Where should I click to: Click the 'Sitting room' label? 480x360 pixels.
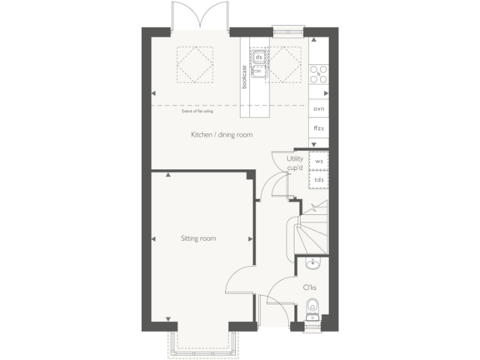pos(199,238)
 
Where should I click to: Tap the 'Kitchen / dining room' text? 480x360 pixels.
pos(222,134)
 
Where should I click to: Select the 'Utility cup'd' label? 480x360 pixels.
pos(294,163)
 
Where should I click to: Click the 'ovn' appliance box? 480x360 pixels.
pos(319,108)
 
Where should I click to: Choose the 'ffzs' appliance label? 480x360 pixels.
pos(319,127)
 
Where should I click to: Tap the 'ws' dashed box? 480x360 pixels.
pos(319,161)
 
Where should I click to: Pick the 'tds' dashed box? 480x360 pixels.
pos(319,180)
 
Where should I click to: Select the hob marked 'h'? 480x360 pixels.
pos(319,74)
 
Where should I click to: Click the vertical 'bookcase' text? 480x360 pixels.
pos(244,76)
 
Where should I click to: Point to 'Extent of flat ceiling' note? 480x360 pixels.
pos(197,111)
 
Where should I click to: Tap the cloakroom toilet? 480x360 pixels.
pos(312,307)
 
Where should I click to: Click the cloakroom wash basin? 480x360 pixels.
pos(312,265)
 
